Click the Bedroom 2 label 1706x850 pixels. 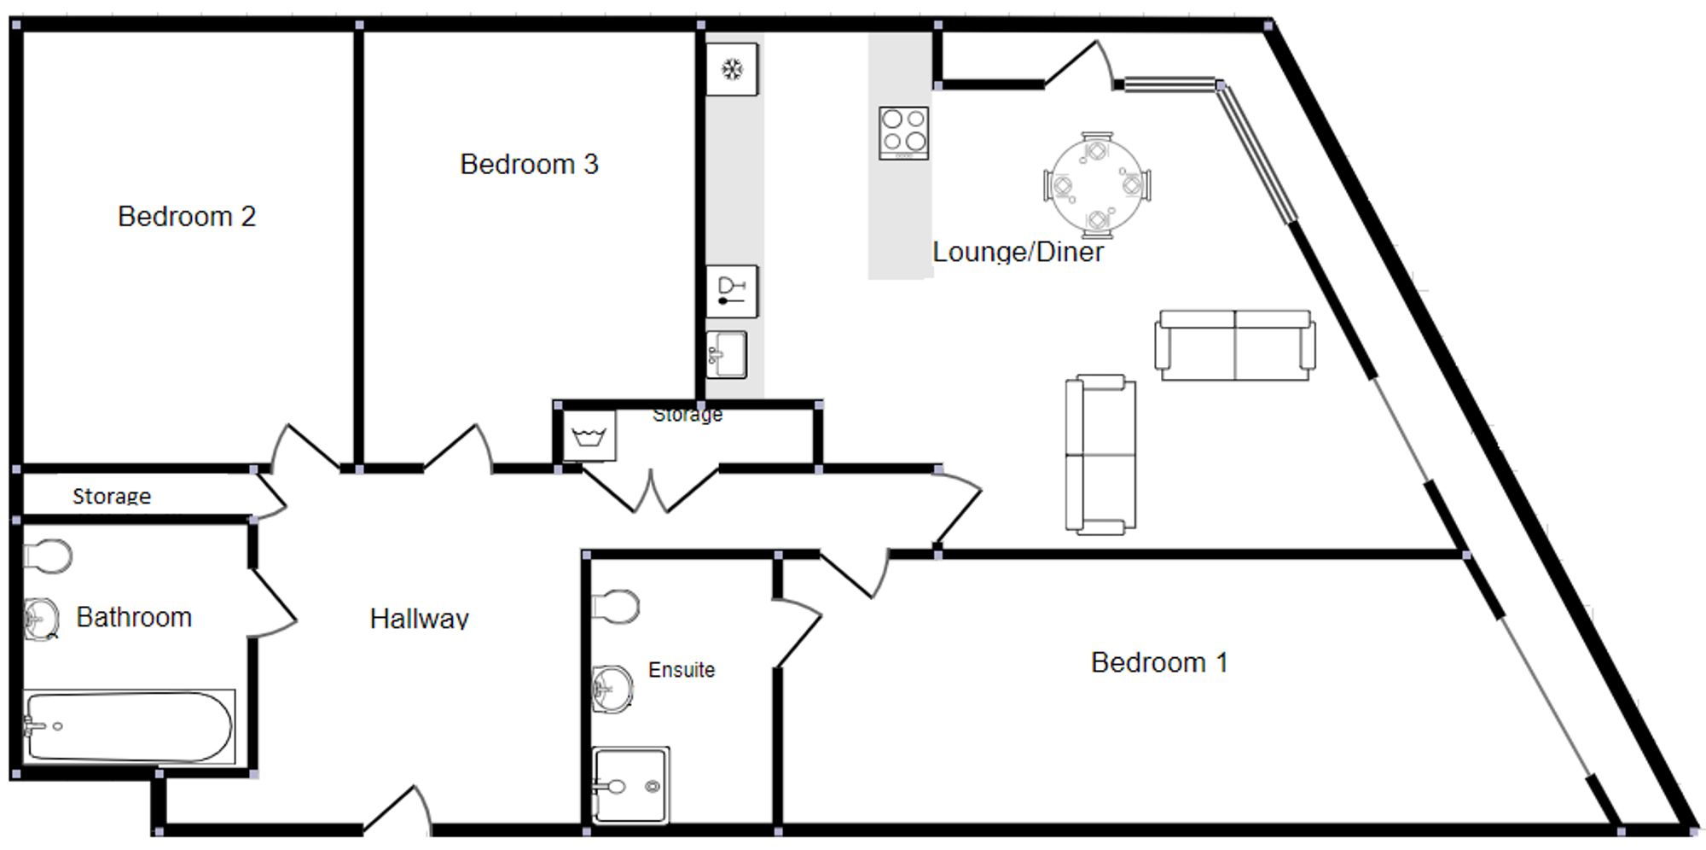tap(187, 217)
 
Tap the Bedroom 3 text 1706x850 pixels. tap(529, 164)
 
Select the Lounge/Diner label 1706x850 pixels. tap(1018, 252)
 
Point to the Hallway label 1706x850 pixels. tap(419, 618)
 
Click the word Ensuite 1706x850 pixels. tap(682, 670)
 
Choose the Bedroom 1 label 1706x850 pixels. tap(1159, 662)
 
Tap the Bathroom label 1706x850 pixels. tap(134, 617)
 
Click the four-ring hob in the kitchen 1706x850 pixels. tap(904, 132)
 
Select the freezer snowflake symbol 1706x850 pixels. tap(732, 69)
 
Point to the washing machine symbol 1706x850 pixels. tap(589, 437)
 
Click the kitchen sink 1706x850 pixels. tap(726, 354)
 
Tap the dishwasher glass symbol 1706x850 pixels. tap(732, 291)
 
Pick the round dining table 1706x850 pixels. tap(1096, 184)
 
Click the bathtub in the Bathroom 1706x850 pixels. tap(129, 726)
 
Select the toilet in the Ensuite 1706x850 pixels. tap(616, 606)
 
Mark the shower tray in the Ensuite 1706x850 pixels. tap(630, 786)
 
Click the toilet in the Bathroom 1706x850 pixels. tap(48, 556)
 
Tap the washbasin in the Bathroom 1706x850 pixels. tap(41, 617)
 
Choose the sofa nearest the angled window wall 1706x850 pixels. tap(1235, 345)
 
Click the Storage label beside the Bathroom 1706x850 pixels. tap(112, 496)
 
